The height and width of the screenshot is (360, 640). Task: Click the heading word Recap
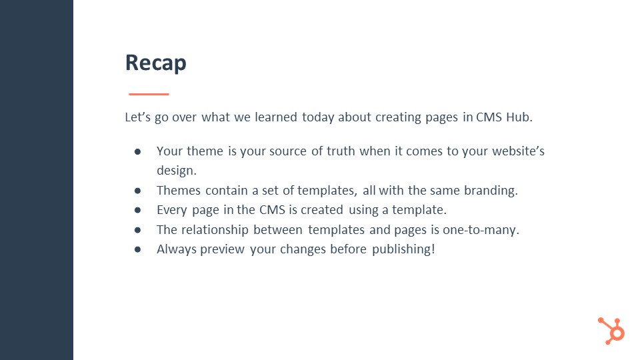(155, 63)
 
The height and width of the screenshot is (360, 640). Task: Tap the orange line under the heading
(149, 94)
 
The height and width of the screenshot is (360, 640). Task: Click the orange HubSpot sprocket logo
(611, 331)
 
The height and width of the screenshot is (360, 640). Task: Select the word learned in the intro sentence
(276, 117)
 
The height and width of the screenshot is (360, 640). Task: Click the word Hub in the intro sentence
(519, 117)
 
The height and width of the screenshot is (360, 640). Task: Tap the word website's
(519, 151)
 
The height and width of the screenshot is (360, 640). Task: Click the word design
(176, 171)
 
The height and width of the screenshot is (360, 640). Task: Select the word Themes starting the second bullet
(179, 190)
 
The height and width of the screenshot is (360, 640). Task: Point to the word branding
(491, 191)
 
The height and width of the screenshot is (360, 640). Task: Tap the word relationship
(215, 230)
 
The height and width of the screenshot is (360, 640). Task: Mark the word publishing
(403, 249)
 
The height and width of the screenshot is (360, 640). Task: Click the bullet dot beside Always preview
(137, 249)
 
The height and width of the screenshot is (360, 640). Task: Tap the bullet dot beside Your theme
(137, 152)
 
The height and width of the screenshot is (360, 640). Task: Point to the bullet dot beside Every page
(137, 210)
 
